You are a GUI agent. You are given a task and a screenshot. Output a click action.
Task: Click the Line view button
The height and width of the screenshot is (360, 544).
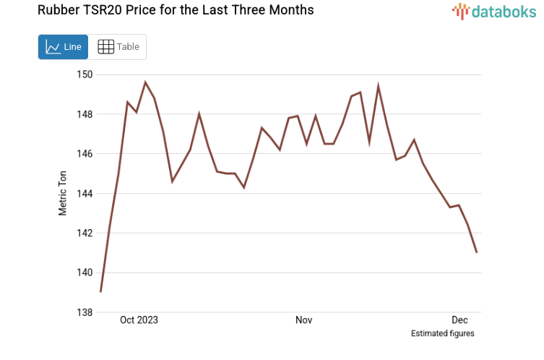click(64, 47)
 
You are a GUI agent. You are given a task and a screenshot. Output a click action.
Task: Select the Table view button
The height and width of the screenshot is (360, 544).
click(118, 47)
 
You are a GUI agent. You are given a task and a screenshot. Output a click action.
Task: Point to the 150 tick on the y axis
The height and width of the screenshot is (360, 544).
click(85, 74)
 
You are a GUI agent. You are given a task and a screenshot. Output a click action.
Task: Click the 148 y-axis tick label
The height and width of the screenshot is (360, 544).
click(85, 114)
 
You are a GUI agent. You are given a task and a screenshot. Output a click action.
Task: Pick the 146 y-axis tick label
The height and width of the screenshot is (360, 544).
click(85, 154)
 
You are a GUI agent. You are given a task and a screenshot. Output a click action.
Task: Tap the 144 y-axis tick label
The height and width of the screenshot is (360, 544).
click(85, 194)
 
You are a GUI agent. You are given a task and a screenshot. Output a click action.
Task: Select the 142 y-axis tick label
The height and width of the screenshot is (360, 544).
click(85, 233)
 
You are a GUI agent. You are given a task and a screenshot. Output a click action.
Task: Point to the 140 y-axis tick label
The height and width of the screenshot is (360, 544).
click(85, 273)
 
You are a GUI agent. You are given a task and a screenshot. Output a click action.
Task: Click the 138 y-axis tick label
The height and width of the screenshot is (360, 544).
click(85, 312)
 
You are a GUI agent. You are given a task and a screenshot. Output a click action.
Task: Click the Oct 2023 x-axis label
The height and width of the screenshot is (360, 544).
click(139, 320)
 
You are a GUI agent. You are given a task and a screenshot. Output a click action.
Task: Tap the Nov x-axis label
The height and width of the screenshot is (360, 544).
click(303, 320)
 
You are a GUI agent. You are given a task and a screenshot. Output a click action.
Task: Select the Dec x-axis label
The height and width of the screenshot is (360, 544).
click(460, 320)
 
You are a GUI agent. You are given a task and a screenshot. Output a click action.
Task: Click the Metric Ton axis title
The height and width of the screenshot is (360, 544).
click(64, 193)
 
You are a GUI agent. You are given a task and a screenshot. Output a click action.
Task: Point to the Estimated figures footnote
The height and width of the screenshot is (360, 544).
click(442, 333)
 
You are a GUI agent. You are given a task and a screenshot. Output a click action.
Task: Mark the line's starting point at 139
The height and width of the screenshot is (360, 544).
click(100, 292)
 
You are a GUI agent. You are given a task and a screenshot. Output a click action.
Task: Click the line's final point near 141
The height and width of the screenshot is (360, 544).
click(478, 252)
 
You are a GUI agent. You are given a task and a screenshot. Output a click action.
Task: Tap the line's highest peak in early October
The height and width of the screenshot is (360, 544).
click(145, 82)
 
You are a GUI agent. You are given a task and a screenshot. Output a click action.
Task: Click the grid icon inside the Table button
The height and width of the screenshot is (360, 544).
click(105, 47)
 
